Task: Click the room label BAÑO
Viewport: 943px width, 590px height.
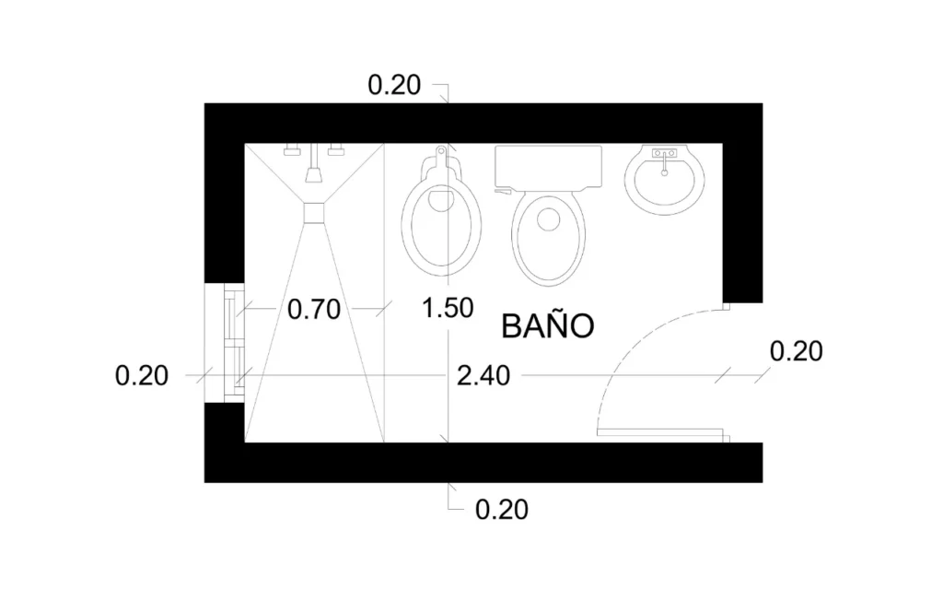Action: pyautogui.click(x=546, y=325)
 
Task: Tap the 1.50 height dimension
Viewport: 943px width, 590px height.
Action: pyautogui.click(x=447, y=307)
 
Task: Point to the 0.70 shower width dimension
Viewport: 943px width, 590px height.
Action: pyautogui.click(x=314, y=308)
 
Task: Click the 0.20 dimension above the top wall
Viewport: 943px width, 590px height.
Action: pyautogui.click(x=394, y=86)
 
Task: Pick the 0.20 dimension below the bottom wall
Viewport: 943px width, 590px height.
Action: pyautogui.click(x=502, y=509)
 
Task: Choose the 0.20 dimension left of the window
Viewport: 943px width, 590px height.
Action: pyautogui.click(x=142, y=375)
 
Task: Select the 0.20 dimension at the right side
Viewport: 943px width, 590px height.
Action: pyautogui.click(x=795, y=351)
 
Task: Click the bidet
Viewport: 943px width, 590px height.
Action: pyautogui.click(x=444, y=221)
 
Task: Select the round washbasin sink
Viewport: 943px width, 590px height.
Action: pyautogui.click(x=665, y=179)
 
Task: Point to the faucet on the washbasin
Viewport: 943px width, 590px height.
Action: pyautogui.click(x=664, y=158)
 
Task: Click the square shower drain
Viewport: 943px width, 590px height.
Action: pyautogui.click(x=315, y=212)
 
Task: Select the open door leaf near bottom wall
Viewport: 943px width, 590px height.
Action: pyautogui.click(x=661, y=431)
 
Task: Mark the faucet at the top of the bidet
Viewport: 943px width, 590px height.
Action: pyautogui.click(x=443, y=151)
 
